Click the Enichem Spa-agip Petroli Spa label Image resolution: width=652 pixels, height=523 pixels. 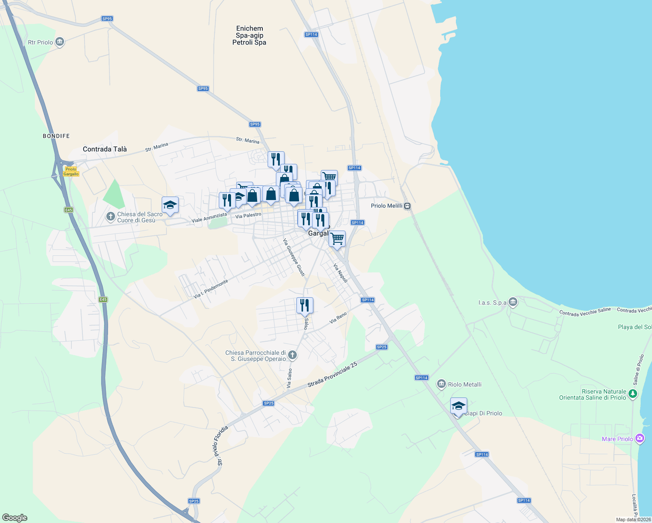pos(249,36)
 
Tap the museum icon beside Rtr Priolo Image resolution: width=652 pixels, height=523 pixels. pos(60,42)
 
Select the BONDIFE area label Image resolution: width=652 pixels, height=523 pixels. pos(56,136)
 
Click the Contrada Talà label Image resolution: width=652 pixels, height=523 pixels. pos(105,149)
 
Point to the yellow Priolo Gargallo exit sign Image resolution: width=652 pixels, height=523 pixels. pos(71,171)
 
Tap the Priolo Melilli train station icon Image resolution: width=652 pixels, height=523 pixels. pos(407,206)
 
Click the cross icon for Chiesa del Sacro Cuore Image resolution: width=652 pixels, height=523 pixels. pos(111,216)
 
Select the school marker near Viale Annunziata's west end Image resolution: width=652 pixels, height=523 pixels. pos(170,205)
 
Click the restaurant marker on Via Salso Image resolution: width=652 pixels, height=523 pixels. pos(305,306)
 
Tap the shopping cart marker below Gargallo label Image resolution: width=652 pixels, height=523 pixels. pos(337,239)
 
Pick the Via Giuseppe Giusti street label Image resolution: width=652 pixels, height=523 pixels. pos(294,257)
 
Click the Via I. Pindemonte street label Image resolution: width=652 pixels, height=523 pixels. pos(211,289)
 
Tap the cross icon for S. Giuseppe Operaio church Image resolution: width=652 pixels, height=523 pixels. pos(292,355)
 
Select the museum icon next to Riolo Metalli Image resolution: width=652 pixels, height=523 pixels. pos(441,384)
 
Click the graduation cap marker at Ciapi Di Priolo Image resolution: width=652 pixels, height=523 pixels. pos(458,406)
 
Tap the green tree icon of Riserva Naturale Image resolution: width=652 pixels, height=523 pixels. pos(633,394)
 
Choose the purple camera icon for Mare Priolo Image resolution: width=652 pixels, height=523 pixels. pos(639,438)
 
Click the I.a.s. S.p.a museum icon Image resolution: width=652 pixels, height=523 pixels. pos(513,302)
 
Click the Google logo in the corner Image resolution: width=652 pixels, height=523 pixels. pos(15,517)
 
